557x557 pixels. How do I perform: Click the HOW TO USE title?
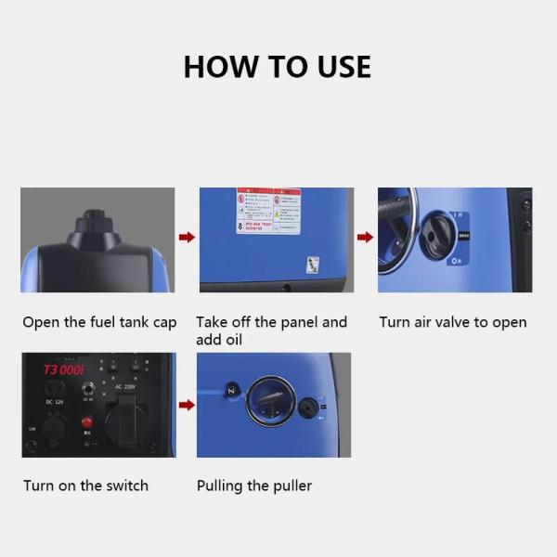click(277, 67)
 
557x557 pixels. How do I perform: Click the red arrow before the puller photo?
click(187, 405)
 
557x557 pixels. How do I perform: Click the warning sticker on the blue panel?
click(267, 211)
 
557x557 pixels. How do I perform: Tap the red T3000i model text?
click(64, 369)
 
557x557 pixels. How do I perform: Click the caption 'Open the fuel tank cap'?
click(99, 323)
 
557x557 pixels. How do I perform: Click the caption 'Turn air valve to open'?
click(452, 323)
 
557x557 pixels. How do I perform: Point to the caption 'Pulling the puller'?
click(253, 486)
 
